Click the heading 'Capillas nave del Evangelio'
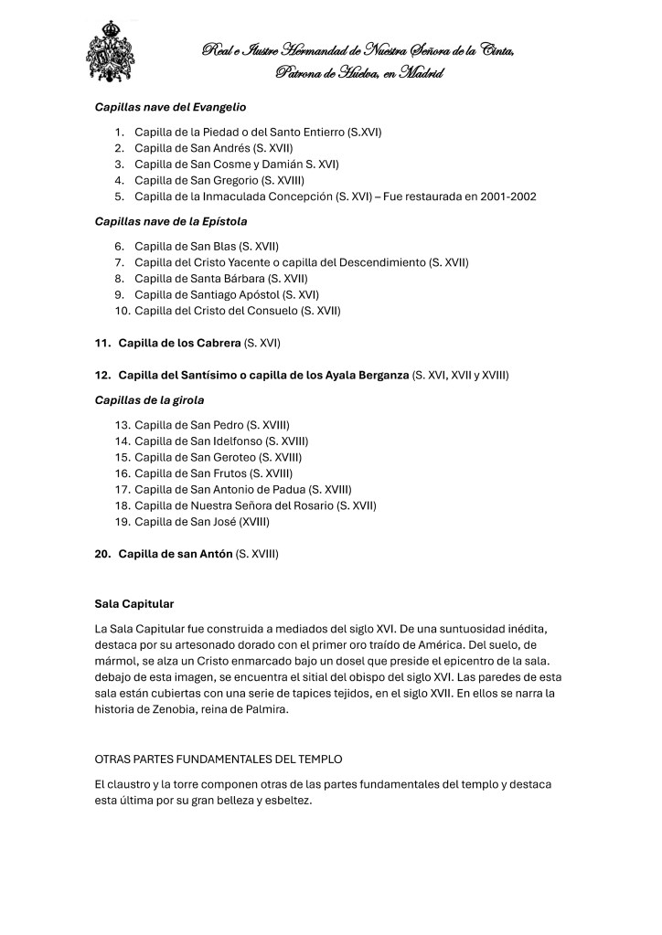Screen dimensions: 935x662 coord(170,107)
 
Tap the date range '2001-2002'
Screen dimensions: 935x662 coord(507,197)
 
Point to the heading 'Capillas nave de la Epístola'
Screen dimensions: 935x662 coord(171,221)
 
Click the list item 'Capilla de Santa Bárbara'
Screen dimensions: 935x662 coord(220,278)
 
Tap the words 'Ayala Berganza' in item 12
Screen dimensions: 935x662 coord(365,376)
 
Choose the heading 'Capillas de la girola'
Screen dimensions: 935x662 coord(149,400)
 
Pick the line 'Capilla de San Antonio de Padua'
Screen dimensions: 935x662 coord(242,489)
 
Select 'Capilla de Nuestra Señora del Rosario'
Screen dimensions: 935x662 coord(255,505)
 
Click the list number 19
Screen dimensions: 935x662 coord(122,522)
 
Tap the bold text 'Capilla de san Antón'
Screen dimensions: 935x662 coord(176,554)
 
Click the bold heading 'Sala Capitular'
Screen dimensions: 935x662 coord(134,604)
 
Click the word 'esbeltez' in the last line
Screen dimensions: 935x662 coord(286,800)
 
